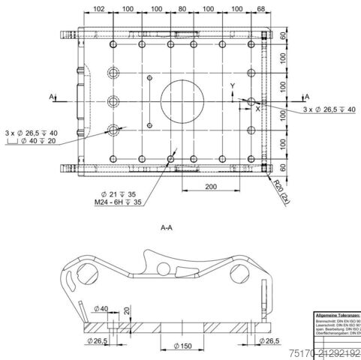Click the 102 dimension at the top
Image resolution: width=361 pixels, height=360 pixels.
click(98, 9)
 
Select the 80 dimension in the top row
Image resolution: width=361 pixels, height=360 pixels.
click(183, 9)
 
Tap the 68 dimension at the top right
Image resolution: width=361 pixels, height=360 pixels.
click(261, 9)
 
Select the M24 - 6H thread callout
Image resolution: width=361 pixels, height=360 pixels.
click(119, 202)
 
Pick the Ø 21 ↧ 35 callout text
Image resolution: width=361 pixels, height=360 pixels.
click(122, 193)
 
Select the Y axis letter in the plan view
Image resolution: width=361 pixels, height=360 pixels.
click(233, 85)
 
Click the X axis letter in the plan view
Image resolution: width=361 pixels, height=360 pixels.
click(257, 109)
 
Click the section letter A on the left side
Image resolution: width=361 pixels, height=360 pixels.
click(53, 97)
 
